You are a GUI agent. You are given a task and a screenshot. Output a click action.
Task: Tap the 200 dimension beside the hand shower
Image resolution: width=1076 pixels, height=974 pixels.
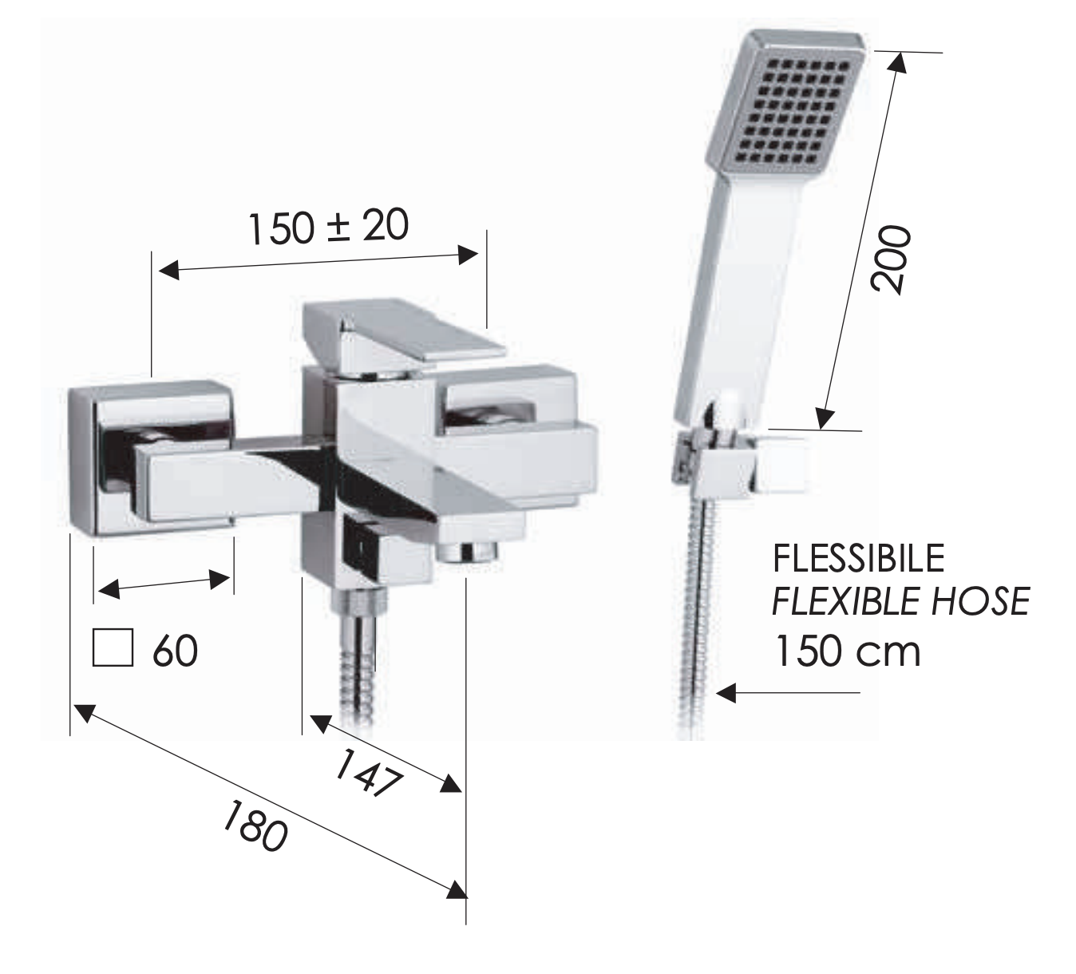(891, 259)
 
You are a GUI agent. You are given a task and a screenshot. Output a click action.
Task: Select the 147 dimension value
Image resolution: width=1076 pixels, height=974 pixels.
(368, 774)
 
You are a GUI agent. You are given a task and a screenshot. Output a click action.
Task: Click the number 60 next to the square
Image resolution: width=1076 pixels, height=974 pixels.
(176, 651)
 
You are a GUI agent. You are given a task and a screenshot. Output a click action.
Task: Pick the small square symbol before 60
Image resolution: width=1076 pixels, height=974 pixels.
(113, 647)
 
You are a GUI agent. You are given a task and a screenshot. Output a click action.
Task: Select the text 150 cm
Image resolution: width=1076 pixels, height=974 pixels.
(848, 651)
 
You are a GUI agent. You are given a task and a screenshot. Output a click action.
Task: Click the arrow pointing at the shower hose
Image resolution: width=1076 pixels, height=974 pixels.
(787, 693)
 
